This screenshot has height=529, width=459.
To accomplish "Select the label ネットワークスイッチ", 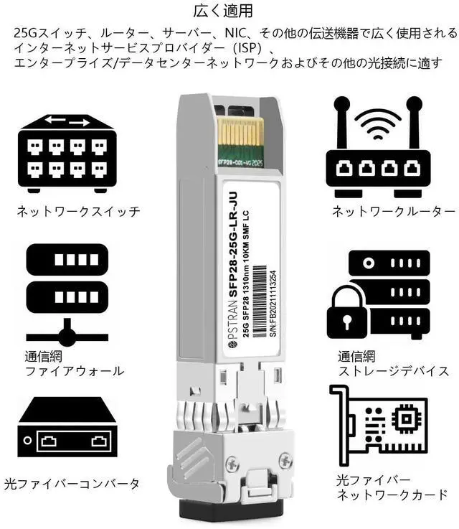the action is (78, 212).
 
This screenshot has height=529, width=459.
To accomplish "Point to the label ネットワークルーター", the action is (393, 212).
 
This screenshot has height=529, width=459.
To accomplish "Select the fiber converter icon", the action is (65, 431).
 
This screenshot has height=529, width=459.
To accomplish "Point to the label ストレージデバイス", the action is (394, 371).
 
